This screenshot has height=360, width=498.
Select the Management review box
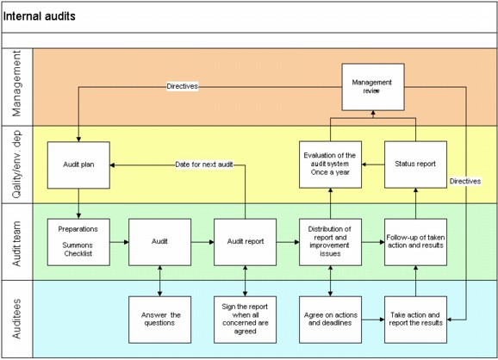point(372,87)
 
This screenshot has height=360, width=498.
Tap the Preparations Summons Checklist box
point(78,242)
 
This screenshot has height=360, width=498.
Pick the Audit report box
point(246,242)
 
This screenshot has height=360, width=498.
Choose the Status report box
point(415,164)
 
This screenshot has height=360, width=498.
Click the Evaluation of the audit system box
point(330,164)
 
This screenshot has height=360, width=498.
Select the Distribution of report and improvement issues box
point(330,242)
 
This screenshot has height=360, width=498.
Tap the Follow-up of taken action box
point(415,242)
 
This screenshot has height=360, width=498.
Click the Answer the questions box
point(160,320)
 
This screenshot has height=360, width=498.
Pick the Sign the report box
point(246,320)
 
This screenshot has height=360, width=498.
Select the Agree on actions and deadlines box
point(330,320)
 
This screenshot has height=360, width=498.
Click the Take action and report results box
point(415,320)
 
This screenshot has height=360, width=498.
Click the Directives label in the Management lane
point(182,87)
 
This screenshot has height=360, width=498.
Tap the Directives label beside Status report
point(466,181)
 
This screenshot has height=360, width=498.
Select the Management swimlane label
point(17,86)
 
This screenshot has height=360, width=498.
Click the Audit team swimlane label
point(17,242)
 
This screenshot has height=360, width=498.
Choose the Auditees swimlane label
point(17,319)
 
